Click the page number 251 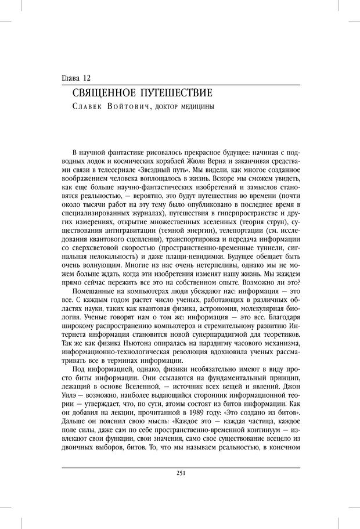click(x=180, y=473)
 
